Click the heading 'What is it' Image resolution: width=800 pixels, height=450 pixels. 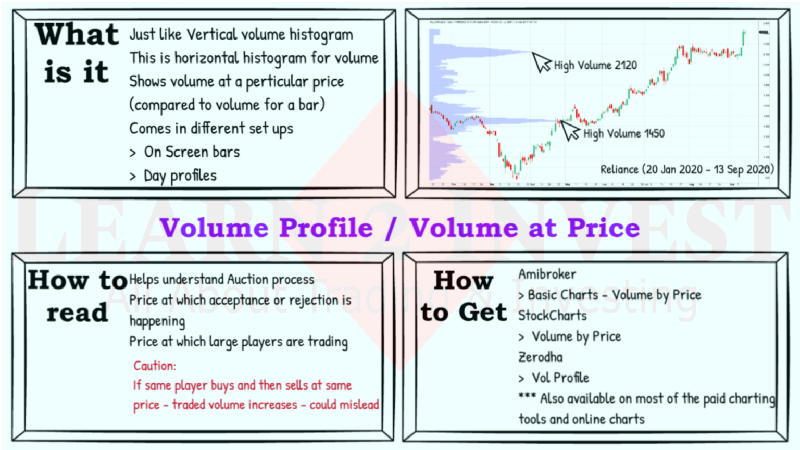77,53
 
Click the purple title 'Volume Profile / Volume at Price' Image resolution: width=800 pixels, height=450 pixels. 399,228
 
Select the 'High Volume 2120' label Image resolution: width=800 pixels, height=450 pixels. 595,66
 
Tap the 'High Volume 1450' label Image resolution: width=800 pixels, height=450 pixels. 623,134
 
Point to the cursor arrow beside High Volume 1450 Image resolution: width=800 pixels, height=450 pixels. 570,130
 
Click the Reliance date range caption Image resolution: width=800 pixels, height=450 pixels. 686,169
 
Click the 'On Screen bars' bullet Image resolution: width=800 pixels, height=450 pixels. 192,152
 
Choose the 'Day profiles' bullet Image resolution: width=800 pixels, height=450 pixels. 180,176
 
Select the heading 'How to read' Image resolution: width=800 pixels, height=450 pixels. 77,296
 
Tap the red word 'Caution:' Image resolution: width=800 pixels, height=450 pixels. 155,366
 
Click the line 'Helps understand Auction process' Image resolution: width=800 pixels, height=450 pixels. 221,280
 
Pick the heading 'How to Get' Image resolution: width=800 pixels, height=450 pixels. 464,296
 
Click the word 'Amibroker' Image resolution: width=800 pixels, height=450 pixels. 547,274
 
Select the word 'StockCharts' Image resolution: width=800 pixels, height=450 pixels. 552,316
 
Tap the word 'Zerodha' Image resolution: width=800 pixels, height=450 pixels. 540,357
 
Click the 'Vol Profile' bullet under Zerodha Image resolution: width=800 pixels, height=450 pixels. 560,378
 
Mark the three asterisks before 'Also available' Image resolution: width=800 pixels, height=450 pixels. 527,396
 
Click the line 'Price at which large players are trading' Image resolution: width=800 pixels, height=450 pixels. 238,342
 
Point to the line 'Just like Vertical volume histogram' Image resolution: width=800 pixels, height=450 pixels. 241,35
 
